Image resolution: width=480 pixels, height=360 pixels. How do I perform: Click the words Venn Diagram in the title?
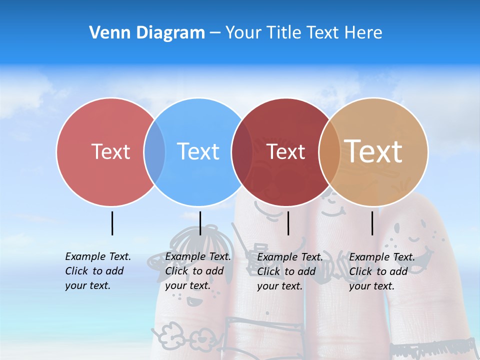tap(147, 33)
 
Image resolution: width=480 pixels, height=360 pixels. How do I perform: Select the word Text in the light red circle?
tap(110, 151)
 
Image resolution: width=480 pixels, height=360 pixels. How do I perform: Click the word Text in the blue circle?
tap(198, 151)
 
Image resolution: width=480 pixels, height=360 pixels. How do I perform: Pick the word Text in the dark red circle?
tap(286, 151)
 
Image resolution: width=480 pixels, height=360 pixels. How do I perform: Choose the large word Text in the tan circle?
tap(373, 151)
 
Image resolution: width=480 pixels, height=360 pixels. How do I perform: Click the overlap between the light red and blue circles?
tap(154, 152)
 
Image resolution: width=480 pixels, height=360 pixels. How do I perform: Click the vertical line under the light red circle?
tap(112, 223)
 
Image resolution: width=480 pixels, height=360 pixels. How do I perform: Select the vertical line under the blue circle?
tap(200, 223)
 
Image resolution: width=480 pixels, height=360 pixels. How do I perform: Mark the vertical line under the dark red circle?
tap(288, 223)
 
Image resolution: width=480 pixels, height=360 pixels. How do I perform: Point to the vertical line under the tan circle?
tap(372, 223)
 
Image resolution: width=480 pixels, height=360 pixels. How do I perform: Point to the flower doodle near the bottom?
tap(170, 333)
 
